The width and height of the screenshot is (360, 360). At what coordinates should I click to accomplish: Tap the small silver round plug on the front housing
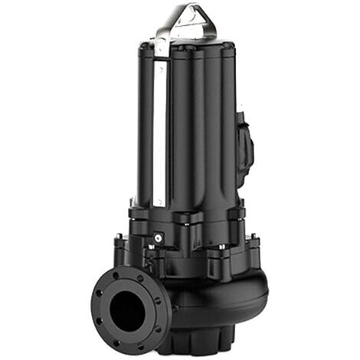(157, 238)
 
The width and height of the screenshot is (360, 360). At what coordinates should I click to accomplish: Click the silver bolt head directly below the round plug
(157, 254)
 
